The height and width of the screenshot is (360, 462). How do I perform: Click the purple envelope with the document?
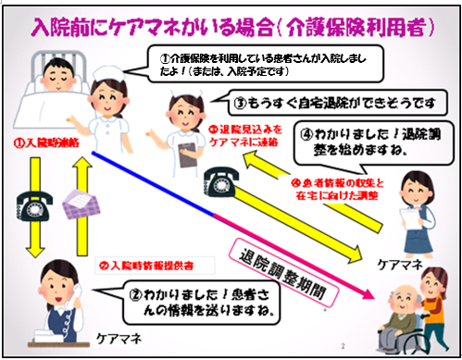(81, 205)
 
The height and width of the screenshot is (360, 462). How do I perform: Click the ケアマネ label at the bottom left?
(119, 341)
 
